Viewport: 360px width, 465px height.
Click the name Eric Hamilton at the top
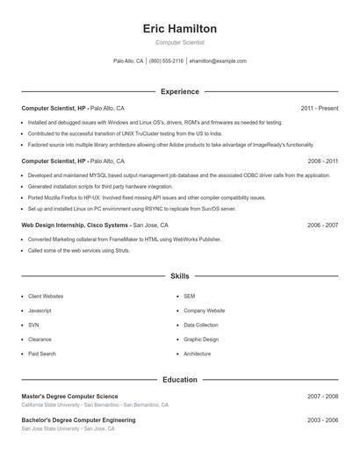click(x=179, y=29)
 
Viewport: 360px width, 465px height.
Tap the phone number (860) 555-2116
click(x=166, y=61)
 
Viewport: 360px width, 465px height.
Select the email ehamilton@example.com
click(x=218, y=61)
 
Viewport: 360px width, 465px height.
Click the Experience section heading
click(x=179, y=91)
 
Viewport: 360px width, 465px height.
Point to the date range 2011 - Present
click(x=319, y=109)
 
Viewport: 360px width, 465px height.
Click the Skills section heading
click(x=179, y=276)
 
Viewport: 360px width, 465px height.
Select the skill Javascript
click(x=40, y=311)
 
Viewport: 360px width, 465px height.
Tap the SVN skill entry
click(x=34, y=325)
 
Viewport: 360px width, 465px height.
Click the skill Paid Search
click(x=41, y=354)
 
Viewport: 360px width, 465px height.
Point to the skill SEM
click(x=189, y=297)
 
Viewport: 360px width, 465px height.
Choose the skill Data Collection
click(x=200, y=325)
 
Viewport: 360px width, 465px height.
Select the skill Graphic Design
click(x=200, y=340)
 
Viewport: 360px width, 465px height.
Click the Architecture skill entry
click(x=197, y=354)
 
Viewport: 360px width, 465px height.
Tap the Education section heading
click(x=179, y=380)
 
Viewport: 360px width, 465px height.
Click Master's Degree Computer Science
click(x=69, y=397)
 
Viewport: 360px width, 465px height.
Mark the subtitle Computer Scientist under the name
click(x=179, y=42)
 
